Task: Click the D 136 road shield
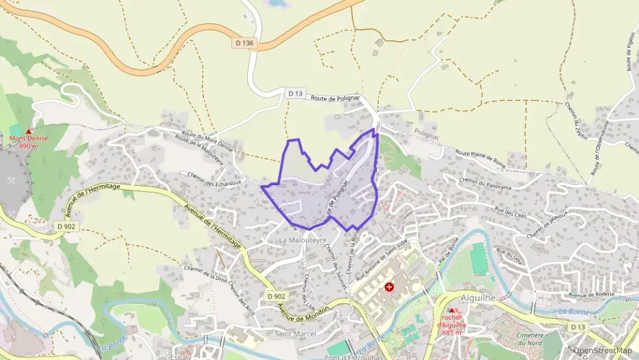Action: tap(244, 44)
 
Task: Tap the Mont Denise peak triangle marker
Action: tap(28, 131)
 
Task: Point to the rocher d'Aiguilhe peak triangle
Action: tap(452, 310)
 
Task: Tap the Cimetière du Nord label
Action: tap(530, 339)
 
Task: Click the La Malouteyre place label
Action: tap(301, 241)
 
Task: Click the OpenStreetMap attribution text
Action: tap(603, 350)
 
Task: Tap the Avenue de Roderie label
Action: tap(592, 294)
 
